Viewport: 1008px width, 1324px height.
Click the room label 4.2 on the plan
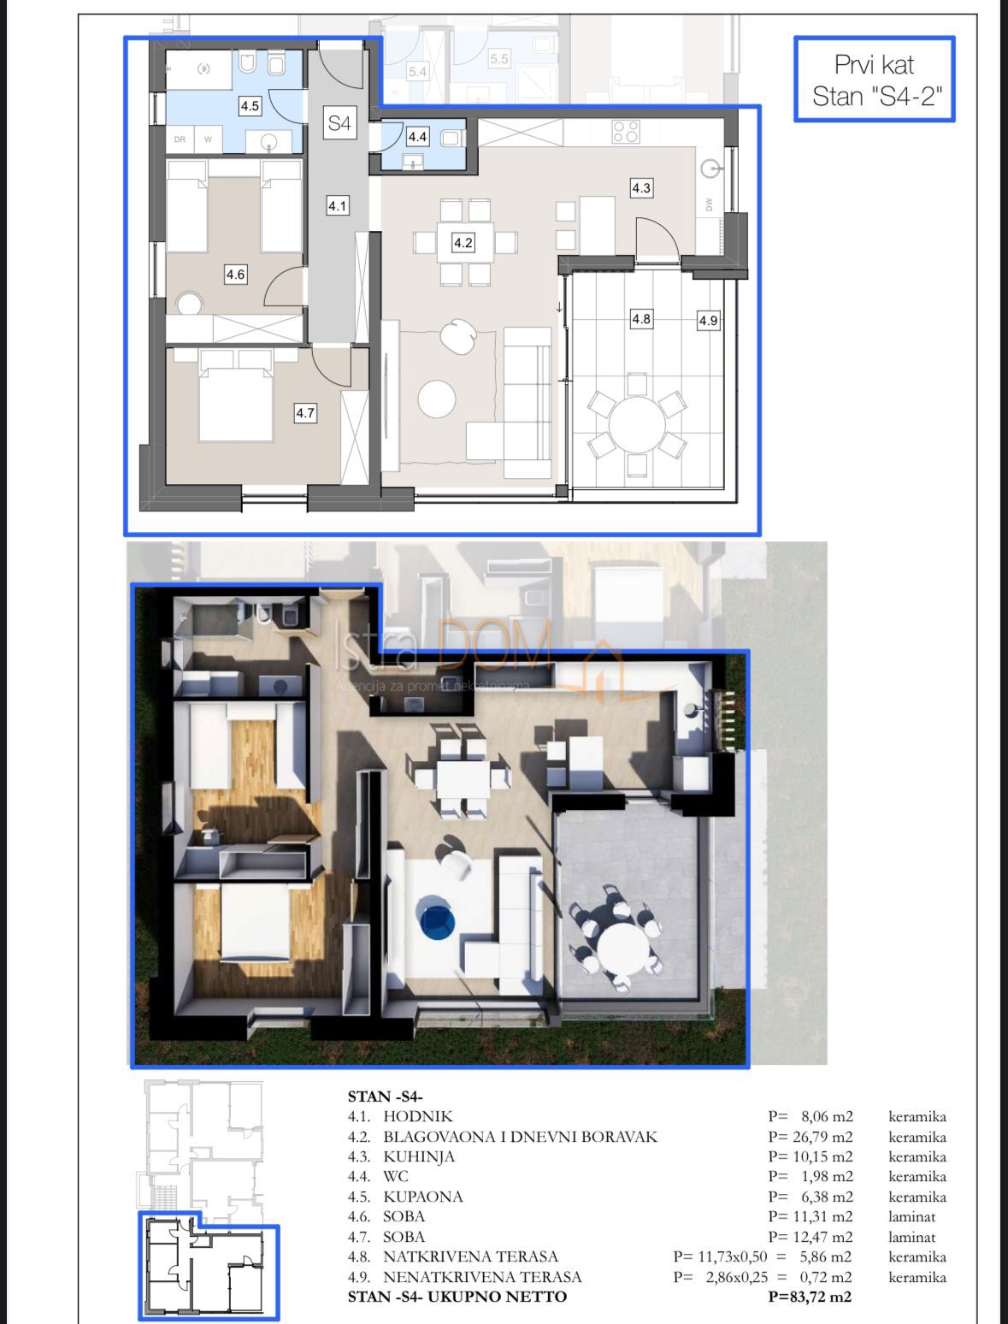tap(463, 243)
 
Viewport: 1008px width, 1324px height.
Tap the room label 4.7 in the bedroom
tap(305, 413)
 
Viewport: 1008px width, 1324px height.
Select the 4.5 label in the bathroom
tap(250, 107)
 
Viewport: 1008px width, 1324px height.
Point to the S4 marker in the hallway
tap(339, 123)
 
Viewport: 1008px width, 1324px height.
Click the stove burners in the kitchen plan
tap(626, 131)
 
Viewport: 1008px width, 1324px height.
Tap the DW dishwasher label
tap(710, 204)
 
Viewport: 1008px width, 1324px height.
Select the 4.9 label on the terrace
tap(708, 321)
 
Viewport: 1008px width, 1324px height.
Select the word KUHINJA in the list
tap(419, 1156)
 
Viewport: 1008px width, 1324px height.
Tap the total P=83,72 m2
tap(810, 1297)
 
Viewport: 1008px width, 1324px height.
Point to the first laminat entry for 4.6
tap(912, 1216)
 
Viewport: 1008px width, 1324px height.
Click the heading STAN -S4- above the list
tap(386, 1096)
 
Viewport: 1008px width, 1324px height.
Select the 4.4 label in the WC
tap(417, 136)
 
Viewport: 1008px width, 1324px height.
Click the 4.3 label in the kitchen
tap(641, 187)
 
